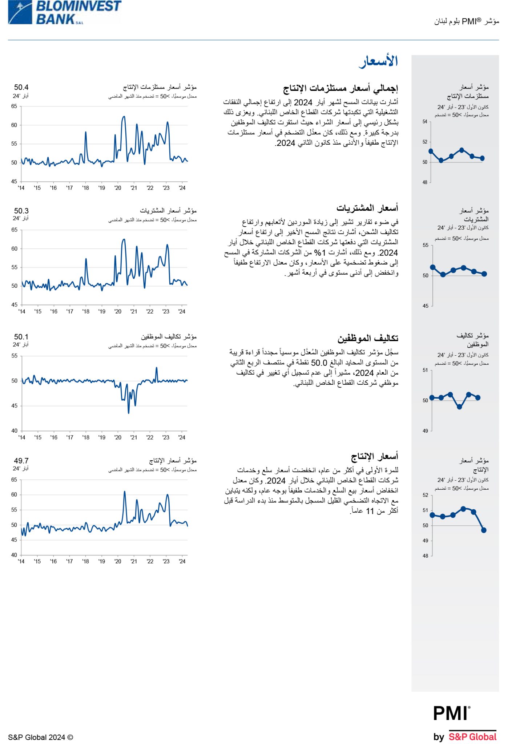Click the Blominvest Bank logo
[65, 12]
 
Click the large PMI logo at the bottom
[452, 713]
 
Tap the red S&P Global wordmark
[472, 737]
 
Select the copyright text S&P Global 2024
[40, 737]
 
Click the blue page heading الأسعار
[379, 61]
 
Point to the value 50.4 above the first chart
[21, 87]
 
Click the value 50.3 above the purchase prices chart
[21, 211]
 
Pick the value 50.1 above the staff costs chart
[21, 337]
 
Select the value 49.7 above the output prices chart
[21, 461]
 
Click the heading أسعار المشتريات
[367, 208]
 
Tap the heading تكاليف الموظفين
[368, 338]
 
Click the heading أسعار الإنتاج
[374, 456]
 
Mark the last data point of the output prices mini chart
[484, 530]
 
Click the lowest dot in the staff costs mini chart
[459, 407]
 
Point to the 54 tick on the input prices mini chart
[425, 122]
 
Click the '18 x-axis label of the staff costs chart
[86, 437]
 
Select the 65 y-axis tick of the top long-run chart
[14, 106]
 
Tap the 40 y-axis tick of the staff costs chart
[14, 430]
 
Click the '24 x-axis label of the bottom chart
[182, 561]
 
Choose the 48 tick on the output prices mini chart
[425, 556]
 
